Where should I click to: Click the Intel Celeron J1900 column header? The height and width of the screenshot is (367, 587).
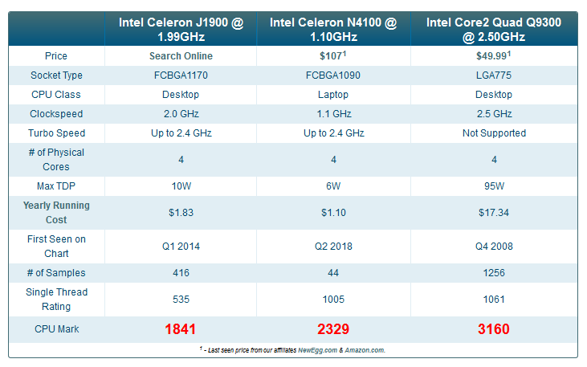click(x=181, y=30)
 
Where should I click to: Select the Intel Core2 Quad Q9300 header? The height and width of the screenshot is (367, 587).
click(x=493, y=30)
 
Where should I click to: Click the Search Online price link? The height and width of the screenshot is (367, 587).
click(x=181, y=56)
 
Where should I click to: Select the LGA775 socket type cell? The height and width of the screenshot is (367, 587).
click(x=493, y=75)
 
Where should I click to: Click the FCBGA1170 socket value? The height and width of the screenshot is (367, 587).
click(x=181, y=75)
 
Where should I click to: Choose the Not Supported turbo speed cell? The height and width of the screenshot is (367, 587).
click(x=493, y=133)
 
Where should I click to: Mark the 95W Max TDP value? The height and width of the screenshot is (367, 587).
click(x=493, y=186)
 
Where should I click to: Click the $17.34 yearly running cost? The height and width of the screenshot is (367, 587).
click(x=493, y=213)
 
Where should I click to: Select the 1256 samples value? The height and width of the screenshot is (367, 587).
click(x=493, y=273)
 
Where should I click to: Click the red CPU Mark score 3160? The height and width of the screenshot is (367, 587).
click(x=493, y=329)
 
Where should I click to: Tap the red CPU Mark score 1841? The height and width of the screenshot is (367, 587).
click(x=181, y=329)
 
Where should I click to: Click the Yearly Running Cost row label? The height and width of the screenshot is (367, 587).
click(x=56, y=213)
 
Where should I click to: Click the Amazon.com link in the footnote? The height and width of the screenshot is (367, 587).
click(x=365, y=350)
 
